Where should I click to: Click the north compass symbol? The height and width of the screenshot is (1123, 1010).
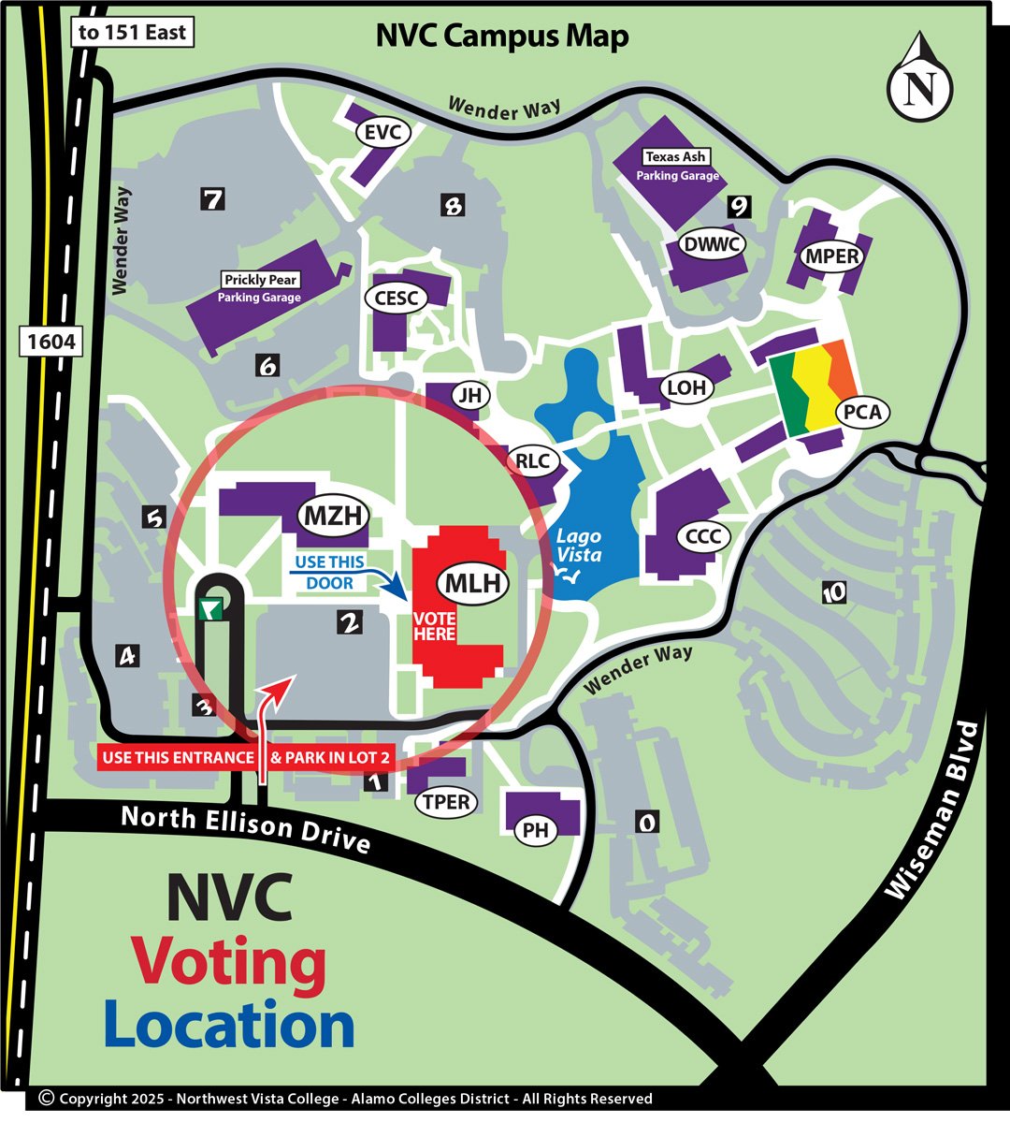[x=921, y=82]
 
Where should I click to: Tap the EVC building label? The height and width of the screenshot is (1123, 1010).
[x=382, y=133]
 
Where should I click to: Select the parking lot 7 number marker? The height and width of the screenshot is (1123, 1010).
[x=214, y=198]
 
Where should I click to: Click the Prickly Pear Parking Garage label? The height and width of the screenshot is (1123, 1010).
[x=260, y=288]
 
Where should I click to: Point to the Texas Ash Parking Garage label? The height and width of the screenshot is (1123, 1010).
[x=677, y=166]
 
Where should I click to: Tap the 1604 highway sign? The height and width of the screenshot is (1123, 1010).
[x=50, y=342]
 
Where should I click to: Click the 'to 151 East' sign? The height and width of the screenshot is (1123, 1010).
[x=133, y=33]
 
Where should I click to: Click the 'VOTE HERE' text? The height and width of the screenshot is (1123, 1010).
[x=435, y=626]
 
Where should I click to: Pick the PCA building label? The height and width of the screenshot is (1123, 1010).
[x=861, y=412]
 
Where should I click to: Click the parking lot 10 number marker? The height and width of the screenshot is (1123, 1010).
[x=833, y=592]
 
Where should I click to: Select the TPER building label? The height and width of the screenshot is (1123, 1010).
[x=446, y=802]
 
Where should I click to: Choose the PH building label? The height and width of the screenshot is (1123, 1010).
[x=536, y=830]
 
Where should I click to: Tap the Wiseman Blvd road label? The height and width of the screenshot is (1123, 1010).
[x=933, y=810]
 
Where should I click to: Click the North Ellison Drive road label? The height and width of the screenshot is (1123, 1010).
[x=246, y=827]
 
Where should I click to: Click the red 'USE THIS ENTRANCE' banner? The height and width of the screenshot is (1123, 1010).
[x=177, y=757]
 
